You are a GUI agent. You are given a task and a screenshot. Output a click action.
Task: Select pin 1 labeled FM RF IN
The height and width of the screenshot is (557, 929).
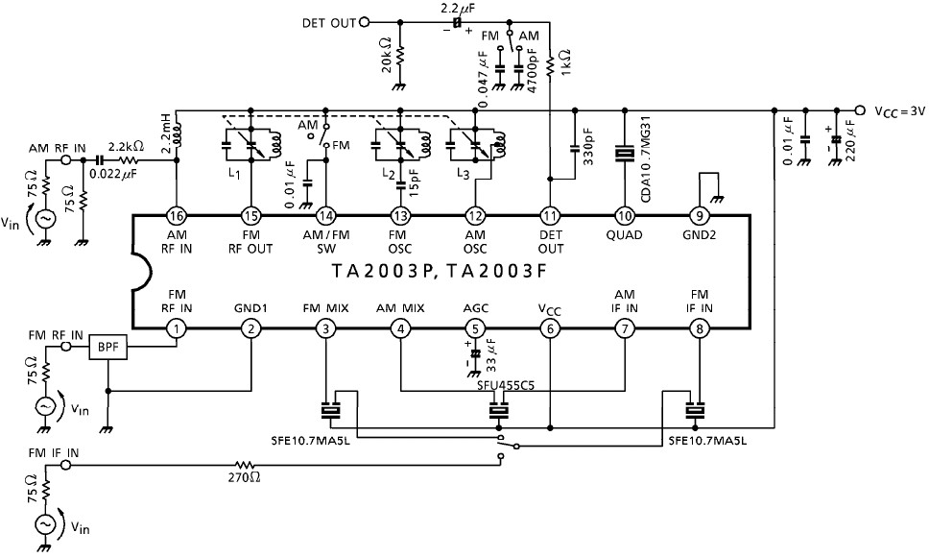pos(177,328)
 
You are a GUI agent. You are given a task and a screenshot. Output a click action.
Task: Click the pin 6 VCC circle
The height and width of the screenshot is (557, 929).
pos(550,328)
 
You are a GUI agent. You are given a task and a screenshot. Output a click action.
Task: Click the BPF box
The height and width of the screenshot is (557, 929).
pos(107,347)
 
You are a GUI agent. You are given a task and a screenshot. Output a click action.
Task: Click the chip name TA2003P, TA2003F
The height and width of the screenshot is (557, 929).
pos(440,271)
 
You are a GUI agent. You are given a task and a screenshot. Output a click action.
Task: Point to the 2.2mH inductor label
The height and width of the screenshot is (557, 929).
pos(167,133)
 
